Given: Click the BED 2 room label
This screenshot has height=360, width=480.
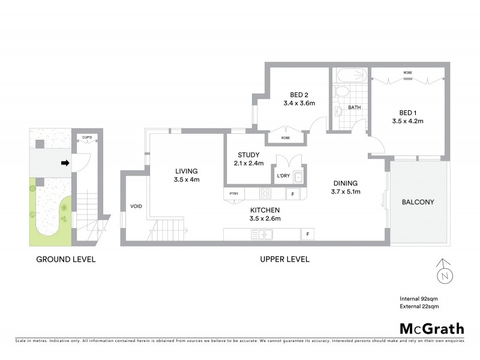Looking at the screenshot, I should click(x=299, y=95).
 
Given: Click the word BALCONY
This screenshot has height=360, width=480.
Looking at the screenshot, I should click(x=418, y=202).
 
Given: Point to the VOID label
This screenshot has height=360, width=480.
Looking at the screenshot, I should click(x=136, y=206).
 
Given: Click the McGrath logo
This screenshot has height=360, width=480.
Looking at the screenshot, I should click(x=431, y=328).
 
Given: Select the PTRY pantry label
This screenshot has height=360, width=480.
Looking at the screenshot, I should click(x=234, y=194).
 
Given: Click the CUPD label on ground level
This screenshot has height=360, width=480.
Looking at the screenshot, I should click(x=86, y=137).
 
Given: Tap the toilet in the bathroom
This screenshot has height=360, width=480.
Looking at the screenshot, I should click(x=341, y=92).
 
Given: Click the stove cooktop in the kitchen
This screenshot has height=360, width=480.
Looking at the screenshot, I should click(x=265, y=194).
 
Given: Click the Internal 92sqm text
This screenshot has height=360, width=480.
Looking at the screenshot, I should click(x=419, y=298).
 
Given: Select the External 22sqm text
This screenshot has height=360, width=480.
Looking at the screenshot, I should click(x=419, y=306).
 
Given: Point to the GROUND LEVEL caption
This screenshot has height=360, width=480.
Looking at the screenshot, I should click(x=66, y=260).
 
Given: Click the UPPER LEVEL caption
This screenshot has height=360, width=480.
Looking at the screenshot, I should click(x=284, y=260).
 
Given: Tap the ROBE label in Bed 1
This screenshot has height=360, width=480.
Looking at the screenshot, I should click(x=407, y=73).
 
